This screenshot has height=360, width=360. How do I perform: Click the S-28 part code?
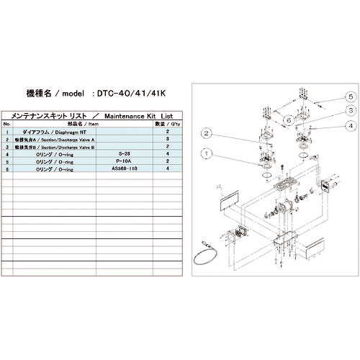coord(123,154)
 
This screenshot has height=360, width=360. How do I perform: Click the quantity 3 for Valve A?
coord(167,140)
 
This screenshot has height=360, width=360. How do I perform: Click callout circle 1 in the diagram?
coord(207,153)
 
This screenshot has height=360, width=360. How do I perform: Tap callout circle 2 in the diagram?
coord(207,132)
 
